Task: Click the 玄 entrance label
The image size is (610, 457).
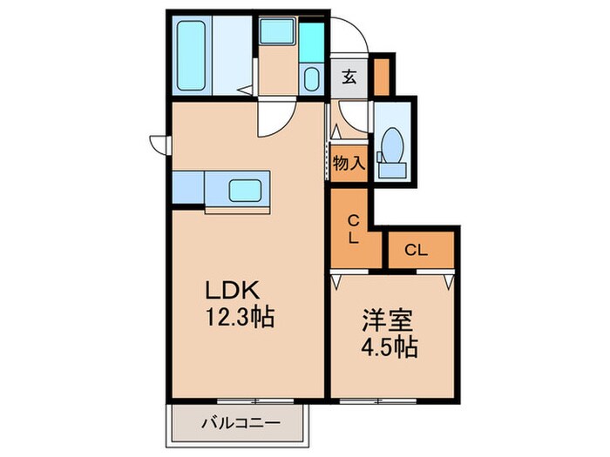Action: pyautogui.click(x=349, y=77)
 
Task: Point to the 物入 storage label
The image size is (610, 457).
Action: pyautogui.click(x=349, y=164)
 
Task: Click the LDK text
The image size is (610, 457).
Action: pyautogui.click(x=233, y=291)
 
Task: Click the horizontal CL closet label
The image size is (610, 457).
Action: pyautogui.click(x=416, y=251)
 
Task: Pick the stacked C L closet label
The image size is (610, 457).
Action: pyautogui.click(x=354, y=227)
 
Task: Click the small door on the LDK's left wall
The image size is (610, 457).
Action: pyautogui.click(x=158, y=141)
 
